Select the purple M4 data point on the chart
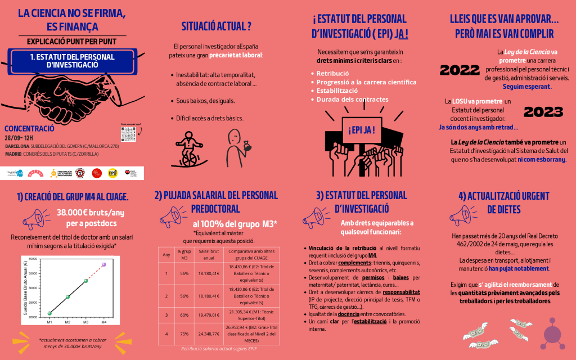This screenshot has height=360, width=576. click(x=103, y=264)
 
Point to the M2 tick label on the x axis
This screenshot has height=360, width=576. click(x=67, y=322)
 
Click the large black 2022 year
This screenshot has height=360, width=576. click(x=460, y=70)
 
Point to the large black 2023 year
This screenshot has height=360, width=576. click(x=543, y=112)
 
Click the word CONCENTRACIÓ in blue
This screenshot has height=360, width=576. click(x=29, y=128)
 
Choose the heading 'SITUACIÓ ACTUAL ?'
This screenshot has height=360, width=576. click(x=216, y=26)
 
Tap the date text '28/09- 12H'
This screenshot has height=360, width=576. click(x=19, y=137)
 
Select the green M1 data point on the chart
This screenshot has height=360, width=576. click(x=49, y=313)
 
